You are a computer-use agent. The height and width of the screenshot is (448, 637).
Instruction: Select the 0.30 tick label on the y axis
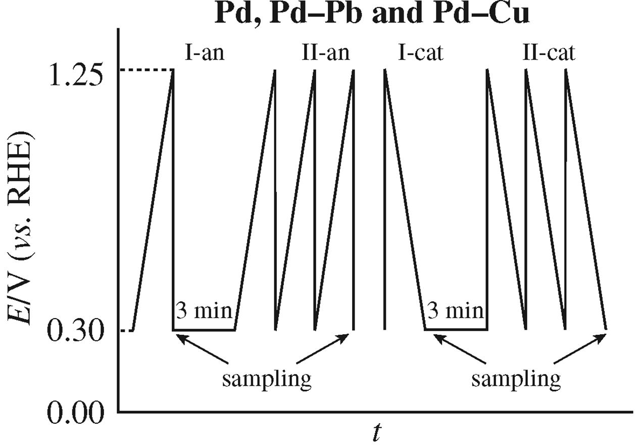pyautogui.click(x=74, y=331)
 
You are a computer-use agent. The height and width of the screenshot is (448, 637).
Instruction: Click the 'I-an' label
pyautogui.click(x=205, y=52)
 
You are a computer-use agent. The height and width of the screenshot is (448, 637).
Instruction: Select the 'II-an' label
pyautogui.click(x=326, y=52)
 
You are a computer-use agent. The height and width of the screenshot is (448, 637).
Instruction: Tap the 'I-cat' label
pyautogui.click(x=420, y=52)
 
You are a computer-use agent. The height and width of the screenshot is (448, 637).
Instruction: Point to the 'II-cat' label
pyautogui.click(x=548, y=52)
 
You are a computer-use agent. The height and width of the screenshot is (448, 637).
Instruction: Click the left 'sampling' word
pyautogui.click(x=267, y=379)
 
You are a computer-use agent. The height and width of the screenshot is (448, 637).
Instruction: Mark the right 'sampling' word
pyautogui.click(x=516, y=379)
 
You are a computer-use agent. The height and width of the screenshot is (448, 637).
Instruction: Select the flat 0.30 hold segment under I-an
pyautogui.click(x=204, y=330)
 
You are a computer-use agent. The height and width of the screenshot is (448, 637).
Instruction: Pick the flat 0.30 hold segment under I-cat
pyautogui.click(x=456, y=330)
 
